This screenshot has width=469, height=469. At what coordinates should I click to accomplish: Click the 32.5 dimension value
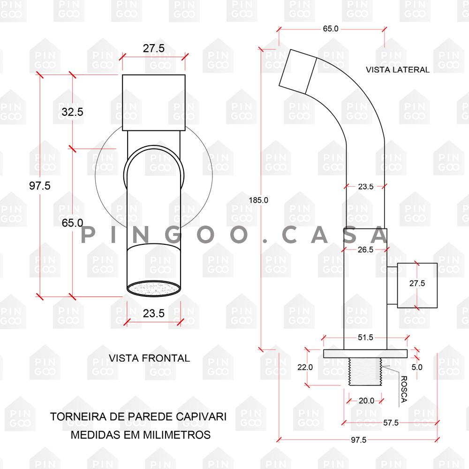[73, 112]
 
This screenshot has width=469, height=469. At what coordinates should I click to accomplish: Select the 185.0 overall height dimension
[259, 200]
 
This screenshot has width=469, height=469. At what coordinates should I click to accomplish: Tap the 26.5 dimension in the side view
[365, 250]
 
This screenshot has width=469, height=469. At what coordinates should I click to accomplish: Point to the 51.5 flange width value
[365, 338]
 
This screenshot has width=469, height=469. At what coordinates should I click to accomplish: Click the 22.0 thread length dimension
[305, 368]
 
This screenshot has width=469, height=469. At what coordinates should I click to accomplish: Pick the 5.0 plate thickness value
[417, 368]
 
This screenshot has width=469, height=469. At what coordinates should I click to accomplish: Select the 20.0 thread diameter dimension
[366, 401]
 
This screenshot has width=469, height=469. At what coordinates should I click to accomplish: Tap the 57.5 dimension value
[391, 423]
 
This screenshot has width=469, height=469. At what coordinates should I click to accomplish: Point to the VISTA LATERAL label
[398, 70]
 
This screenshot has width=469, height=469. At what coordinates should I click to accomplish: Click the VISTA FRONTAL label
[150, 358]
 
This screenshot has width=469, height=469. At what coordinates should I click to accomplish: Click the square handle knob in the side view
[417, 285]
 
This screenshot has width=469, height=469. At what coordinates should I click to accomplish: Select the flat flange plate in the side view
[365, 354]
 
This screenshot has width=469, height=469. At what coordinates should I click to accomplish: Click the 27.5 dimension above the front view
[153, 48]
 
